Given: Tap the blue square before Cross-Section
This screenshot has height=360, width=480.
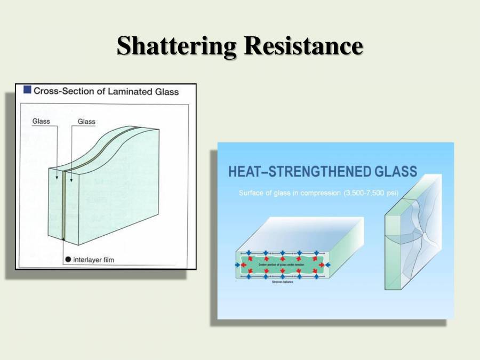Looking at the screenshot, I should [x=27, y=90].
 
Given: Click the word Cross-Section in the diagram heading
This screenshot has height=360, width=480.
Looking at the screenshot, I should [x=64, y=91].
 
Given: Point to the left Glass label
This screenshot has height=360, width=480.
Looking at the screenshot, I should [x=41, y=121].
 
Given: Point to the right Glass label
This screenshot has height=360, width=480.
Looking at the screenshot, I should [x=86, y=122].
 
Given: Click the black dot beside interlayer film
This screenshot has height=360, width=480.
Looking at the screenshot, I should [x=68, y=260].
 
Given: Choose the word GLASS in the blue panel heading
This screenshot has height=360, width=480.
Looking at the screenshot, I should [x=396, y=172].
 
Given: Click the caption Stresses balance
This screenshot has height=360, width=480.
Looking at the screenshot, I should [x=282, y=282].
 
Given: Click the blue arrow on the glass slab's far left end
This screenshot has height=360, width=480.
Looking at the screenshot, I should [x=238, y=265].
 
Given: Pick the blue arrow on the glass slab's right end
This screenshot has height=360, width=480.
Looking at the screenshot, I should [x=327, y=265].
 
